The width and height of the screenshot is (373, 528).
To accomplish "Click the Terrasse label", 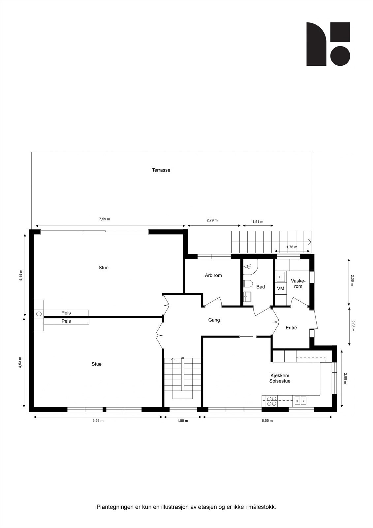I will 161,170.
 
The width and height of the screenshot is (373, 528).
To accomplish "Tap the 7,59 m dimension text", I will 105,219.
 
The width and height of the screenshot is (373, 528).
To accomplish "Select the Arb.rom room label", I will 213,275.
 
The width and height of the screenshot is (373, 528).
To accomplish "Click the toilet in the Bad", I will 248,284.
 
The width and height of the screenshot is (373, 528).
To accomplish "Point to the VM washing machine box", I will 281,288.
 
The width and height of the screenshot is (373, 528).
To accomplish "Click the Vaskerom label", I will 298,283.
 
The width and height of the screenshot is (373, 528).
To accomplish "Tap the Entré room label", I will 291,328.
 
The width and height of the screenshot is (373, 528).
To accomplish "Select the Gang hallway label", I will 214,320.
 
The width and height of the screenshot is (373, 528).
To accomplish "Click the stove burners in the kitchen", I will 272,401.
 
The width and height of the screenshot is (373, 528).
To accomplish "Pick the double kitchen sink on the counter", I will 300,400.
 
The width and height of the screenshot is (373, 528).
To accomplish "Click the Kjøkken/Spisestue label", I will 280,378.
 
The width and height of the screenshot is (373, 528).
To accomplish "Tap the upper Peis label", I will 66,313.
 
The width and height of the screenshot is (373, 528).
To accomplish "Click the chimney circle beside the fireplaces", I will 39,314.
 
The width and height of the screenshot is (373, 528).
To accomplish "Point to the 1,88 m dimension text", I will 182,421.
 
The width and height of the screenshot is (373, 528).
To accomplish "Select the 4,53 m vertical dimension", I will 20,362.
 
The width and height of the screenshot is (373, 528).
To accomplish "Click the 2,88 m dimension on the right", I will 345,378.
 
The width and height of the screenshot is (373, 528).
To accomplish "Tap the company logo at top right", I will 328,44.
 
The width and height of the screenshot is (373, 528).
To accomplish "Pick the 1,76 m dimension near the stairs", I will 292,247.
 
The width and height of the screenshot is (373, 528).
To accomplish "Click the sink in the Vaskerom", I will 281,277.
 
